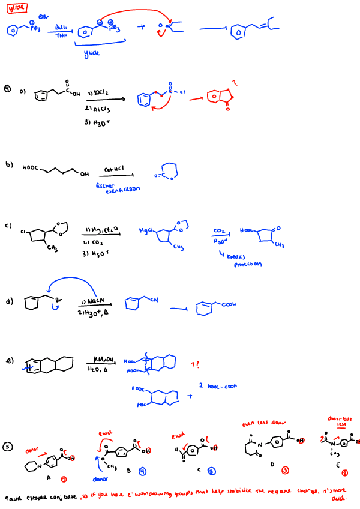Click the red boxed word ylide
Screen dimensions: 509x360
[18, 9]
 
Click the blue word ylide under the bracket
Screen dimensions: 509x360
[91, 53]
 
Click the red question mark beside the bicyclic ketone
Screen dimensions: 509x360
[236, 83]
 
